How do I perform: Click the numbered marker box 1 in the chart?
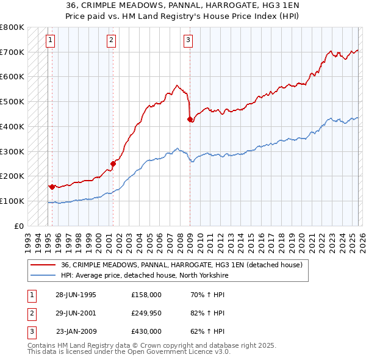coord(49,41)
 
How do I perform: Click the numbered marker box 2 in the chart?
coord(111,41)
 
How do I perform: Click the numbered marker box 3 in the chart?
coord(188,41)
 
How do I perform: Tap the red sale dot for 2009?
coord(190,119)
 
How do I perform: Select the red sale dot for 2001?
coord(113,164)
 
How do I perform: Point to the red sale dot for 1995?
coord(52,186)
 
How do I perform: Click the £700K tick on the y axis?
coord(12,52)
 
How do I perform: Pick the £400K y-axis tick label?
coord(12,126)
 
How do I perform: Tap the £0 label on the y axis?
coord(20,226)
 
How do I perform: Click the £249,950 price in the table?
coord(146,313)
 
